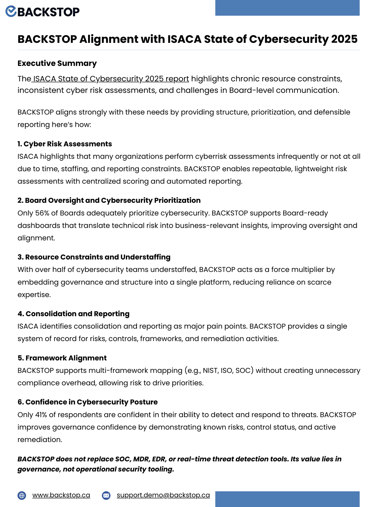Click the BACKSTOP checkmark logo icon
tap(11, 11)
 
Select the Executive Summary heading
tap(57, 63)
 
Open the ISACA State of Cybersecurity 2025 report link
tap(111, 79)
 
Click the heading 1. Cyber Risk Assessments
tap(65, 144)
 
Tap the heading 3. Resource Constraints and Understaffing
tap(94, 257)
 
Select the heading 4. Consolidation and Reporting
tap(74, 314)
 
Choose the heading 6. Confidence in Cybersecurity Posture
tap(88, 402)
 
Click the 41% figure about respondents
tap(42, 415)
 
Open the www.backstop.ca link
tap(61, 495)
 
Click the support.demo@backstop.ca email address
tap(163, 495)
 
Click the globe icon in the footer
tap(22, 495)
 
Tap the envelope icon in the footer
tap(106, 495)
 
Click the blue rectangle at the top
tap(287, 8)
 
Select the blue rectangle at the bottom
tap(287, 499)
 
